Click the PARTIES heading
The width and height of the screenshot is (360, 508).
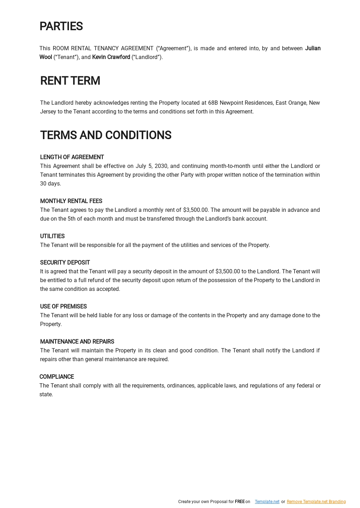pyautogui.click(x=61, y=26)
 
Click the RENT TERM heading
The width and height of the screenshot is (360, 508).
pyautogui.click(x=70, y=81)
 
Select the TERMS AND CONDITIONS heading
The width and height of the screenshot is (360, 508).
pyautogui.click(x=105, y=135)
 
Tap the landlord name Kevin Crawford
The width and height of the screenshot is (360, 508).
pyautogui.click(x=111, y=57)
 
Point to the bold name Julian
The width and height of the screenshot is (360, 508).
pyautogui.click(x=313, y=48)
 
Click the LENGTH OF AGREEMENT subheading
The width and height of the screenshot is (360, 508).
pyautogui.click(x=72, y=157)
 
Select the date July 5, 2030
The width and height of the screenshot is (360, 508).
pyautogui.click(x=152, y=166)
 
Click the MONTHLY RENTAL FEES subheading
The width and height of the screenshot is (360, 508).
pyautogui.click(x=71, y=201)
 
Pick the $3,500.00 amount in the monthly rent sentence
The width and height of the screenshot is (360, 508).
pyautogui.click(x=195, y=210)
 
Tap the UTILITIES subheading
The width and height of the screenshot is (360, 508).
pyautogui.click(x=52, y=236)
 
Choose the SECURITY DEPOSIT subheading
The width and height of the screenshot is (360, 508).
pyautogui.click(x=65, y=262)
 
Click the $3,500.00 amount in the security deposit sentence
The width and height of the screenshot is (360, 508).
pyautogui.click(x=227, y=271)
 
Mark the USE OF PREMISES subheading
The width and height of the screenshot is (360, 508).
pyautogui.click(x=63, y=306)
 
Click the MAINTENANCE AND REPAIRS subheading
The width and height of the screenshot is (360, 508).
pyautogui.click(x=77, y=341)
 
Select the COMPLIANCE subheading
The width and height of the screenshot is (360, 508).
pyautogui.click(x=57, y=377)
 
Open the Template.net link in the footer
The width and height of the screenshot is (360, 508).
pyautogui.click(x=267, y=502)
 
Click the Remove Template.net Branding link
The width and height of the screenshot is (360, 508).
pyautogui.click(x=316, y=502)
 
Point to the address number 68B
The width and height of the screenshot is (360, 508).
pyautogui.click(x=213, y=103)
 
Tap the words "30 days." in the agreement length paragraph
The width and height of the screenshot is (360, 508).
pyautogui.click(x=51, y=183)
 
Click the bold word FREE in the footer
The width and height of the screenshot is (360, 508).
pyautogui.click(x=239, y=502)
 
